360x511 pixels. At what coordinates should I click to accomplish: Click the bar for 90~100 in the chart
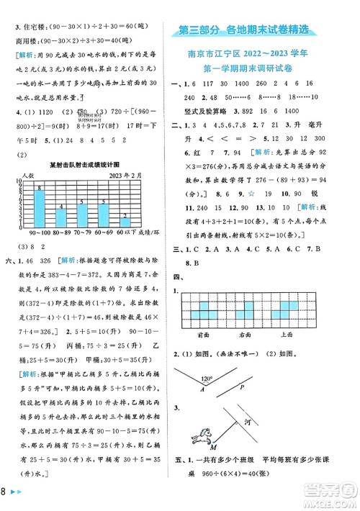coord(40,208)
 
